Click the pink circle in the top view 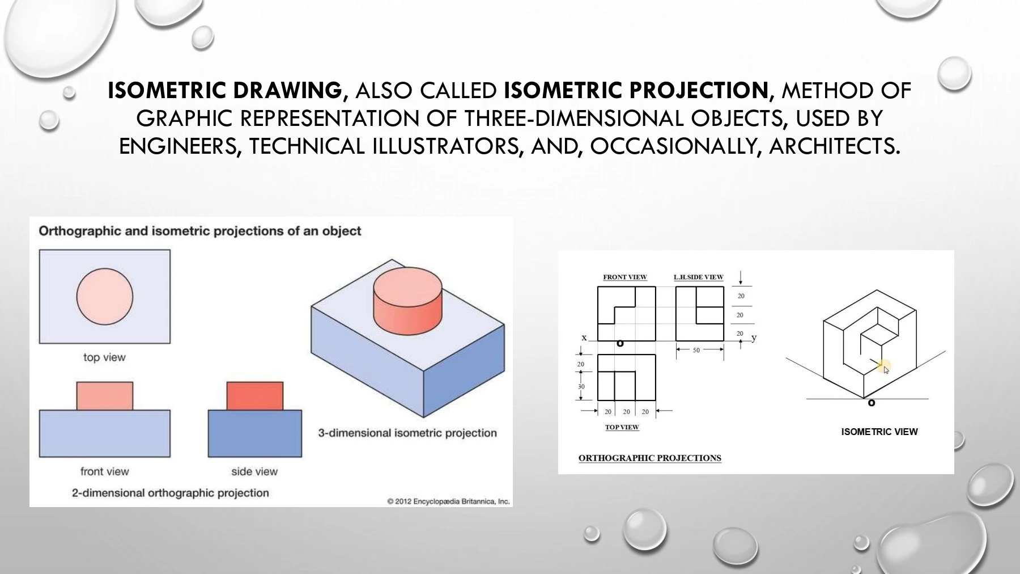point(105,297)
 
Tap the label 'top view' point(104,357)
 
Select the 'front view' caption point(104,471)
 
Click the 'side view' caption point(254,471)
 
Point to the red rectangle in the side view point(255,396)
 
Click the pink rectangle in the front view point(105,396)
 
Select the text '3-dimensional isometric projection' point(407,433)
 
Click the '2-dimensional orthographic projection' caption point(171,493)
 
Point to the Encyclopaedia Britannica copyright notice point(449,501)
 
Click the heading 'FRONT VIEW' point(625,277)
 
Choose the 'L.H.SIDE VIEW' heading point(699,277)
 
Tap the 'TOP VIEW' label point(622,427)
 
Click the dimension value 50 point(696,350)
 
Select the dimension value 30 point(581,387)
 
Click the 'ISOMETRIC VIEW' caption point(879,432)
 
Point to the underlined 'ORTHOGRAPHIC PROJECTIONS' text point(650,458)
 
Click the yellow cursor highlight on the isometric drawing point(884,367)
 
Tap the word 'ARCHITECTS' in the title point(832,146)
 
